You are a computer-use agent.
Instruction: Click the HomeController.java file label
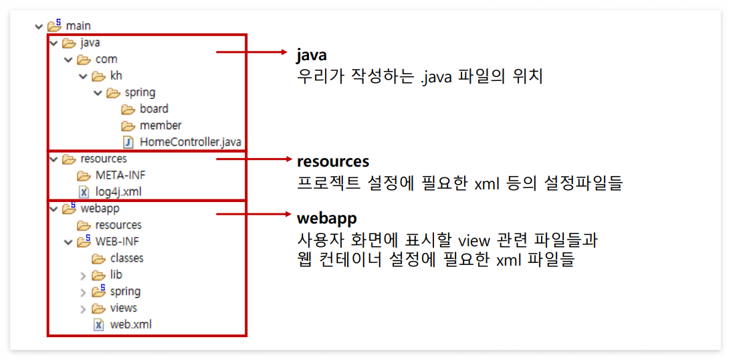click(x=190, y=142)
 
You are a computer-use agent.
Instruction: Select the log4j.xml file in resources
click(x=118, y=192)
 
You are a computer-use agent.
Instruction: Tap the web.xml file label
click(x=130, y=325)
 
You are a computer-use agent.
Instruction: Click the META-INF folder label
click(x=120, y=175)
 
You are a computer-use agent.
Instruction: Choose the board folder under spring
click(x=154, y=109)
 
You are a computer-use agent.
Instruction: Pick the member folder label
click(x=161, y=126)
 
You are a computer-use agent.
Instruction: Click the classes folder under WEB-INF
click(x=126, y=258)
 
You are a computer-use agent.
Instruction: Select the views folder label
click(x=123, y=308)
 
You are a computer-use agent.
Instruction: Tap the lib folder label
click(x=116, y=275)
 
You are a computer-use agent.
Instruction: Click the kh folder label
click(x=116, y=76)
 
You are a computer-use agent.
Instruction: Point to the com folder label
click(x=106, y=60)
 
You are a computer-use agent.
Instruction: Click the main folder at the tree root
click(x=78, y=26)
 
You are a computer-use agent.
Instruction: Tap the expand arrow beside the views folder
click(x=83, y=308)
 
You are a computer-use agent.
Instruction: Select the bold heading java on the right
click(x=312, y=55)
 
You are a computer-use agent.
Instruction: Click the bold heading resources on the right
click(x=333, y=162)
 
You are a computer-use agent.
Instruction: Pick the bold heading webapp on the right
click(x=327, y=219)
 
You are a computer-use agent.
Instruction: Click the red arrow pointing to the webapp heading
click(x=253, y=215)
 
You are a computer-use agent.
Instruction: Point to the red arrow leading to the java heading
click(x=253, y=51)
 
